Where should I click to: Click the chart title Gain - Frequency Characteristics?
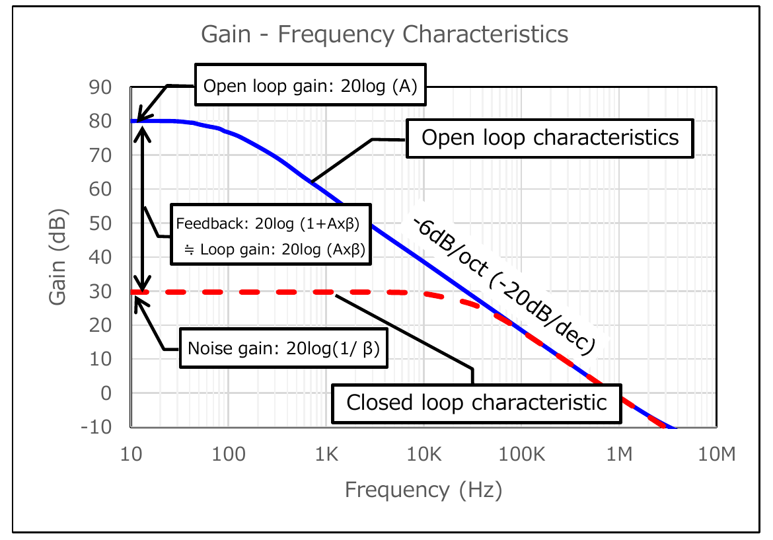point(385,34)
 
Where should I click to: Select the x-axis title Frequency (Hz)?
point(423,490)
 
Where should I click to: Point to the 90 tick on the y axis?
point(101,87)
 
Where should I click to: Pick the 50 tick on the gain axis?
point(101,223)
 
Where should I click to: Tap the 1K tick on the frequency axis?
point(326,455)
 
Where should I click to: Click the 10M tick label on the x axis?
point(717,455)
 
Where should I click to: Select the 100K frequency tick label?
point(521,455)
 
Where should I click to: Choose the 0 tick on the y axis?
point(106,393)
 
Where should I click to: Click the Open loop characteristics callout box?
point(550,137)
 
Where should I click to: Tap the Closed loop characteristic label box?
point(476,402)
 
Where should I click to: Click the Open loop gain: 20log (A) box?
point(311,86)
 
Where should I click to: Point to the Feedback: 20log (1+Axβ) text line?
point(267,223)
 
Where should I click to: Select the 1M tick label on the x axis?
point(619,455)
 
